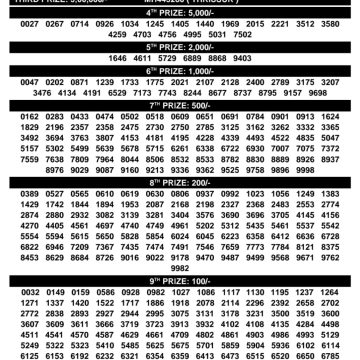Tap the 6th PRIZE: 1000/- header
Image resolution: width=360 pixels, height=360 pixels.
tap(180, 73)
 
